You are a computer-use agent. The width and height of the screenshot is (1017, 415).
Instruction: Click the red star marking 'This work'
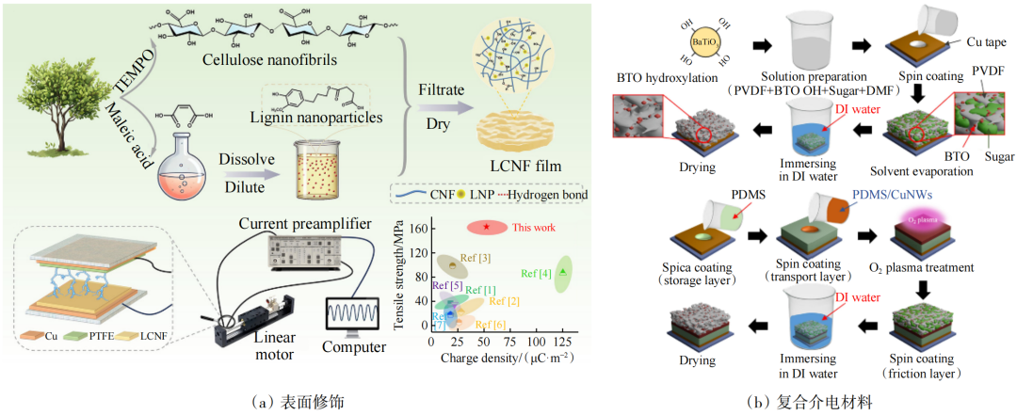pos(486,227)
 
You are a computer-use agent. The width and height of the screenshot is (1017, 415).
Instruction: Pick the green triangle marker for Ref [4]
pos(562,271)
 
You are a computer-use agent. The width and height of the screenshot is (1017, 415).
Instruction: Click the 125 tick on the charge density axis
pos(562,343)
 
